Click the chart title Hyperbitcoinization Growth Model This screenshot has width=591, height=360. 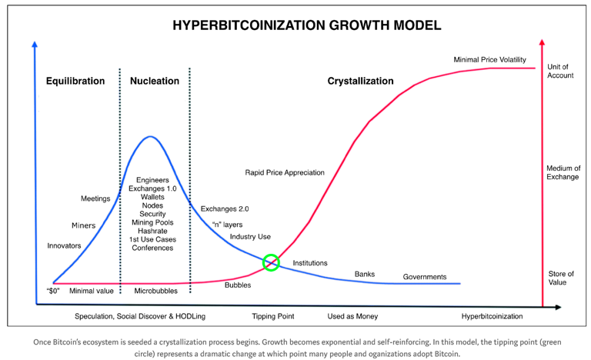point(307,25)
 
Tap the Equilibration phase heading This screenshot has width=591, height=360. point(75,81)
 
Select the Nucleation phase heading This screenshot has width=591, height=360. point(155,81)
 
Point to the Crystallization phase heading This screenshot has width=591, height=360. point(360,81)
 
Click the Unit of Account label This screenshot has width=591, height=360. point(560,71)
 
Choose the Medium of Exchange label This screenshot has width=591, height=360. point(563,172)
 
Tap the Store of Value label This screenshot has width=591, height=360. point(561,278)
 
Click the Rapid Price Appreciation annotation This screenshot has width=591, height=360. point(285,172)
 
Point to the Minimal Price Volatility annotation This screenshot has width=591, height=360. point(489,59)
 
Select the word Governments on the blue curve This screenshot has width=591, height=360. point(425,277)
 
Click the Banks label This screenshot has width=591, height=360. point(365,274)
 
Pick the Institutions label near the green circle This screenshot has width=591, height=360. point(310,263)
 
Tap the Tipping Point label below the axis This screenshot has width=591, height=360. point(273,316)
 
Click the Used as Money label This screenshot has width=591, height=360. point(352,316)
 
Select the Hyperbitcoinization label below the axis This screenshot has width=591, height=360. point(492,316)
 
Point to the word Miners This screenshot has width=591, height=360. point(84,225)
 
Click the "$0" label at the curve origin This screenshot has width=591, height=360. point(53,291)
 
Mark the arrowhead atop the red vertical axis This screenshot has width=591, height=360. point(542,42)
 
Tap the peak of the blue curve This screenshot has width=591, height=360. point(150,136)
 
